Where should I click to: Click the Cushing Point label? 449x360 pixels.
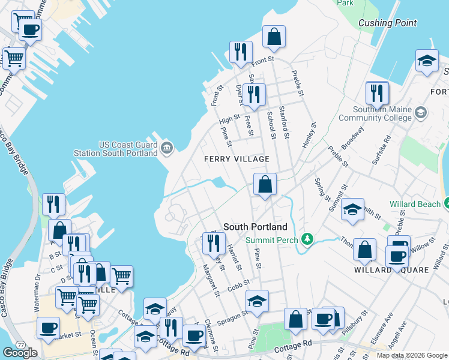click(x=387, y=23)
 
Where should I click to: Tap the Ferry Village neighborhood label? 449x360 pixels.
click(x=236, y=159)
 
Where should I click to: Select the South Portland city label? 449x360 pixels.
click(x=255, y=227)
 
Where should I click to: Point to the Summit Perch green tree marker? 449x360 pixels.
click(x=307, y=240)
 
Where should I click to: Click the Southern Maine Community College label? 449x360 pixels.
click(x=375, y=114)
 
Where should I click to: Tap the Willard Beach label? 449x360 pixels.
click(x=415, y=205)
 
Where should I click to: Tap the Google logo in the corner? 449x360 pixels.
click(x=20, y=352)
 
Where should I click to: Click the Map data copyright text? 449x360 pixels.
click(x=412, y=355)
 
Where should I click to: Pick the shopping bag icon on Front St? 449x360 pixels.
click(x=274, y=37)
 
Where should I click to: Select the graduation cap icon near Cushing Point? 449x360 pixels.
click(x=427, y=61)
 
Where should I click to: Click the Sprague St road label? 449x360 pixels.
click(x=235, y=316)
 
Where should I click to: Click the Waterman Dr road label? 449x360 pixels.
click(x=37, y=286)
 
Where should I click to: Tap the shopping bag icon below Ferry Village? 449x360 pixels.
click(x=265, y=184)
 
